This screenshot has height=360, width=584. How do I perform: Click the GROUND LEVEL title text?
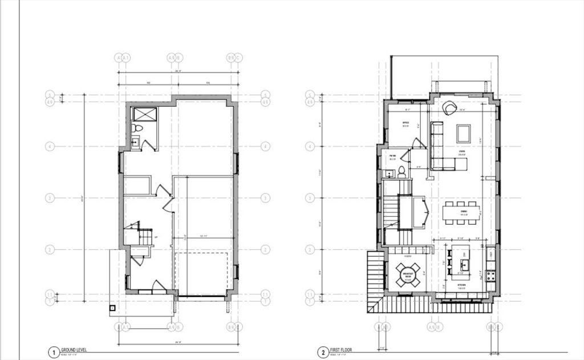(x=74, y=350)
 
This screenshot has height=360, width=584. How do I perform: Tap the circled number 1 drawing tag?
(x=53, y=353)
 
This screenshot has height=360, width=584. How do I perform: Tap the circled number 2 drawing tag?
(x=323, y=353)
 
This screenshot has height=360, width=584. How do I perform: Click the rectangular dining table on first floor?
(x=461, y=212)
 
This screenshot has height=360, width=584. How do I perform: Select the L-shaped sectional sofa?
(x=442, y=151)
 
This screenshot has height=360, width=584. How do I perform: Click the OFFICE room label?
(x=405, y=123)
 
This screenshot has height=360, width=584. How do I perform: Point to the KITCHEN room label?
(x=461, y=285)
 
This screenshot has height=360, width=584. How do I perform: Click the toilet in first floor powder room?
(x=401, y=171)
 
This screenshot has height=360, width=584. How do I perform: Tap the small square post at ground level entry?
(x=112, y=308)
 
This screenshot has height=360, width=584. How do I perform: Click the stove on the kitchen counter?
(x=490, y=274)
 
